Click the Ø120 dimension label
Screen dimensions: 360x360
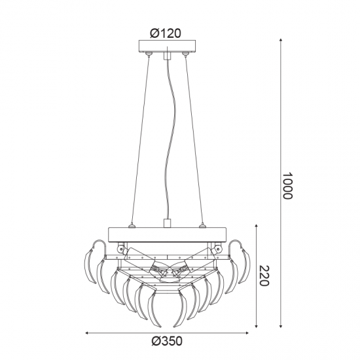pyautogui.click(x=166, y=33)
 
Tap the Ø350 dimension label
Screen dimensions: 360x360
pyautogui.click(x=167, y=341)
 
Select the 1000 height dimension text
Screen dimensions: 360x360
pyautogui.click(x=287, y=186)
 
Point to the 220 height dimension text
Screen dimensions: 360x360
pyautogui.click(x=264, y=276)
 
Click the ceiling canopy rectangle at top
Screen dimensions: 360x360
pyautogui.click(x=167, y=46)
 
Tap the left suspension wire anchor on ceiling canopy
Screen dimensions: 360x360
pyautogui.click(x=149, y=54)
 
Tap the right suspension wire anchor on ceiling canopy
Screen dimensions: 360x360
pyautogui.click(x=185, y=54)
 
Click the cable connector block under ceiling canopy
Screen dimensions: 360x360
pyautogui.click(x=167, y=56)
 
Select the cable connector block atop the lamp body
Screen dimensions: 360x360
pyautogui.click(x=167, y=223)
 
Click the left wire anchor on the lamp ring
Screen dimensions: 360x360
pyautogui.click(x=132, y=226)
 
